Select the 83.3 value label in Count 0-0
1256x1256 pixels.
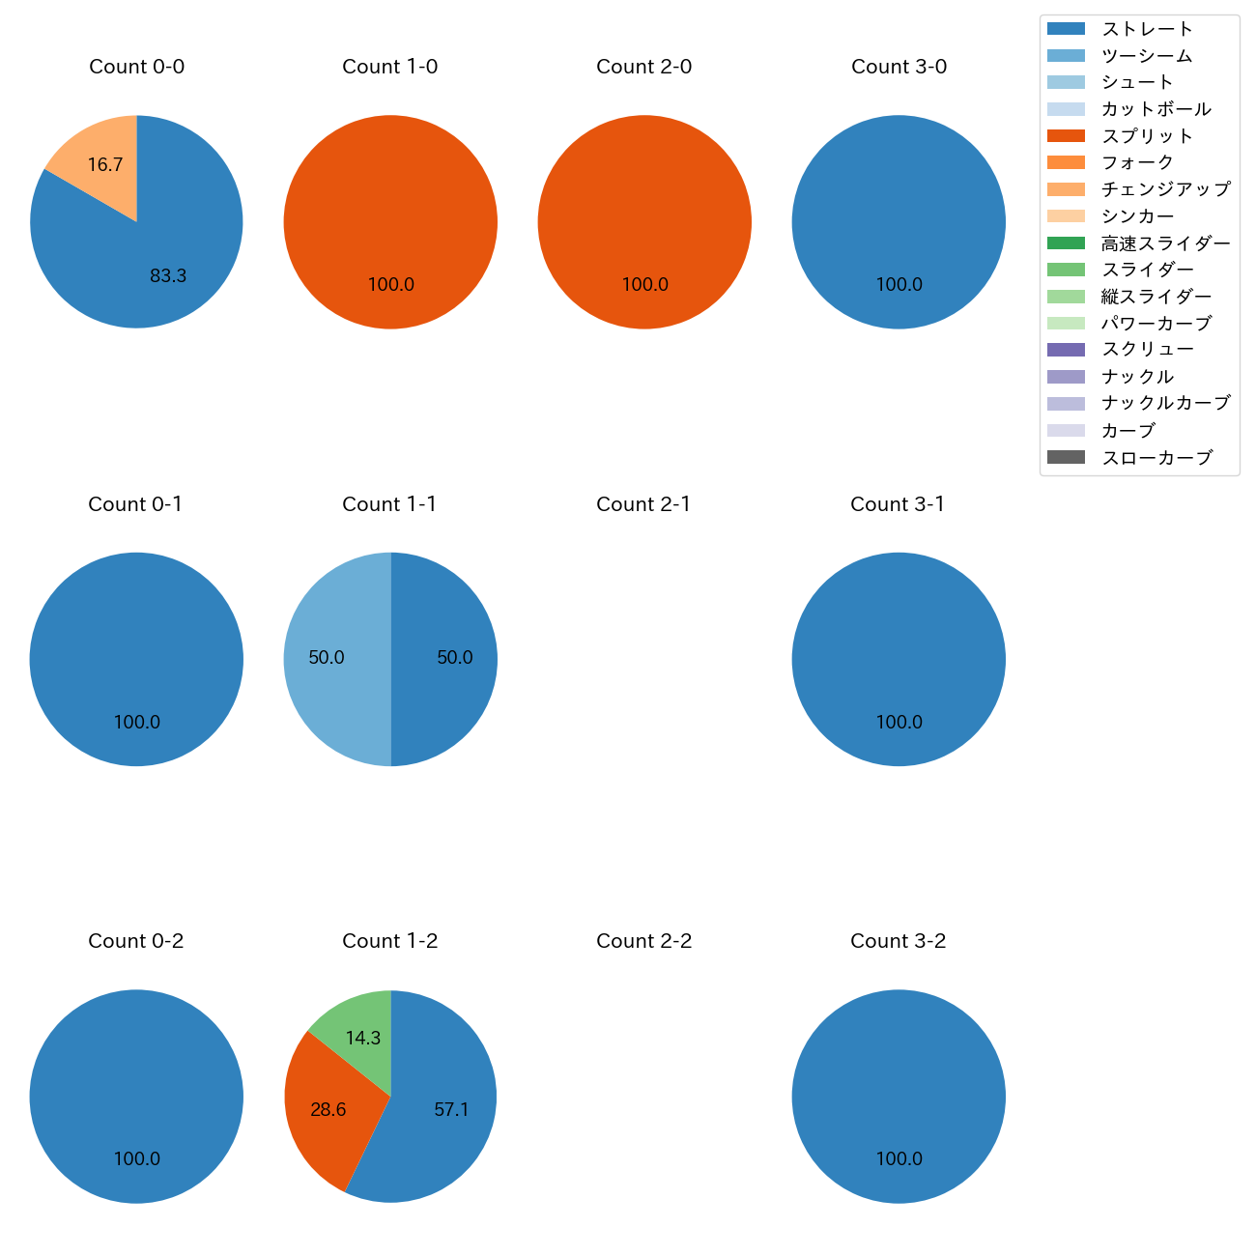[168, 276]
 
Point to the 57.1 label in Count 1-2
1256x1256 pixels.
[451, 1110]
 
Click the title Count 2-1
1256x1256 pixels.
[643, 504]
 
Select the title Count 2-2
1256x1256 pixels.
[643, 941]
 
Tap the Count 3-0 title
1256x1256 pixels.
[899, 67]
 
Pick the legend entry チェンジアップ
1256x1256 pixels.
[1165, 189]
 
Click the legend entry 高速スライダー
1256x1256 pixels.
[1165, 243]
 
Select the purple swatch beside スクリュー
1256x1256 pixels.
[1066, 350]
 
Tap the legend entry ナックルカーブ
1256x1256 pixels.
[1165, 404]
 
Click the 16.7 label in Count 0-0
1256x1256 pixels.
[105, 165]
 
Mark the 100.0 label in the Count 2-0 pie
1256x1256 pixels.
[644, 285]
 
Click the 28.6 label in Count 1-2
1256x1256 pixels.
[328, 1110]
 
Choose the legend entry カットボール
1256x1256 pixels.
[1156, 109]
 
